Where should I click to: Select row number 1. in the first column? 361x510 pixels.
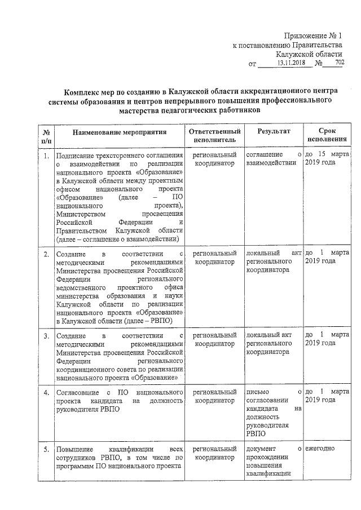(46, 154)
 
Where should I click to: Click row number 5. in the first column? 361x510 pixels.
(46, 449)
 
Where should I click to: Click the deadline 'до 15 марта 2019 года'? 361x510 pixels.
(327, 158)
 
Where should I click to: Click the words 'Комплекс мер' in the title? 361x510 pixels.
(89, 91)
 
